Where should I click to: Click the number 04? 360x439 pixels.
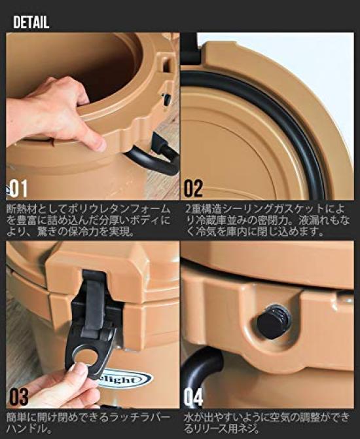click(x=193, y=396)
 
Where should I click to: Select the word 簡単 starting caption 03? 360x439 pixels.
click(x=16, y=415)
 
